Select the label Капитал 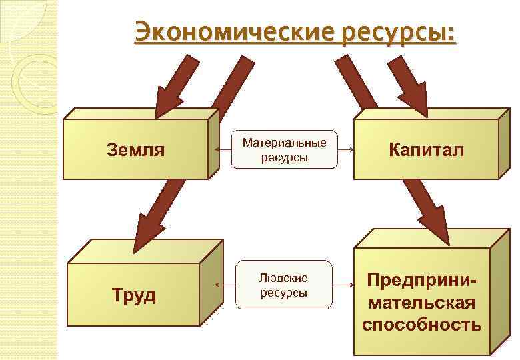click(x=427, y=149)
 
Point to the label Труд click(x=134, y=295)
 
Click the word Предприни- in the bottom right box click(x=421, y=280)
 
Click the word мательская click(x=421, y=303)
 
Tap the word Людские click(x=284, y=278)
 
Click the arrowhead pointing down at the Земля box click(x=167, y=101)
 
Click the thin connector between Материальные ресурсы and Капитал click(x=345, y=149)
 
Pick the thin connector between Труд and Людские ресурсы click(x=227, y=285)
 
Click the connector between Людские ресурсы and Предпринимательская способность click(x=343, y=285)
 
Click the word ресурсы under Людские click(x=284, y=293)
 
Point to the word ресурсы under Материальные click(x=285, y=157)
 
